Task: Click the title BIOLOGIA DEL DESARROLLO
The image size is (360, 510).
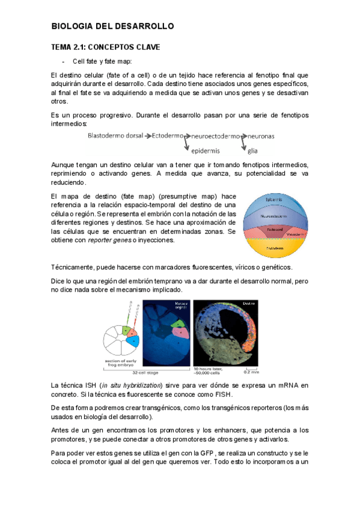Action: click(x=112, y=26)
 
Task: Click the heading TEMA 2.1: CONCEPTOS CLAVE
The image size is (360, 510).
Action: click(x=105, y=47)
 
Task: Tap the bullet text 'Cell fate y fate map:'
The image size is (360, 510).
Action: click(x=102, y=61)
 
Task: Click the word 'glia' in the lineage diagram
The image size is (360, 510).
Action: click(x=252, y=150)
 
